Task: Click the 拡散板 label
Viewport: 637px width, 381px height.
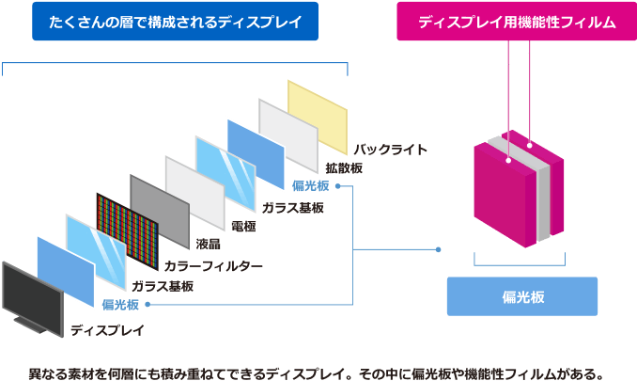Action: tap(344, 167)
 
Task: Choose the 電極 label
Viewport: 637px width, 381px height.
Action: tap(242, 226)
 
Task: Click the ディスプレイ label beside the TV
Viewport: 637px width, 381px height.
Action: tap(108, 330)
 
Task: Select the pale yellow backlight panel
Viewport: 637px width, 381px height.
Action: tap(318, 114)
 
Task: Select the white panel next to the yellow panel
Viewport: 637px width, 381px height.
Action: tap(287, 132)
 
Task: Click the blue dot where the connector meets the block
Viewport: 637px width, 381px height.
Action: tap(439, 249)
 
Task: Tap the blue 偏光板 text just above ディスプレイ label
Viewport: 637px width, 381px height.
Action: tap(121, 305)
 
